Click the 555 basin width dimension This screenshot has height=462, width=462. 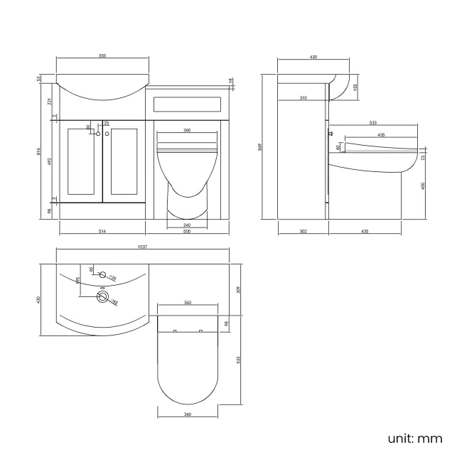(x=103, y=57)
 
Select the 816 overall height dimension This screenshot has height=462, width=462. (x=40, y=151)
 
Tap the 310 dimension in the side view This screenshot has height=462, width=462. (x=303, y=98)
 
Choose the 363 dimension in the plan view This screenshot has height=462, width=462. (x=188, y=303)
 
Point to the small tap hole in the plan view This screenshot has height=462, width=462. (x=102, y=274)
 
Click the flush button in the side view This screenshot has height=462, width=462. (x=331, y=134)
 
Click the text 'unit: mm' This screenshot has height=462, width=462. (x=415, y=438)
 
